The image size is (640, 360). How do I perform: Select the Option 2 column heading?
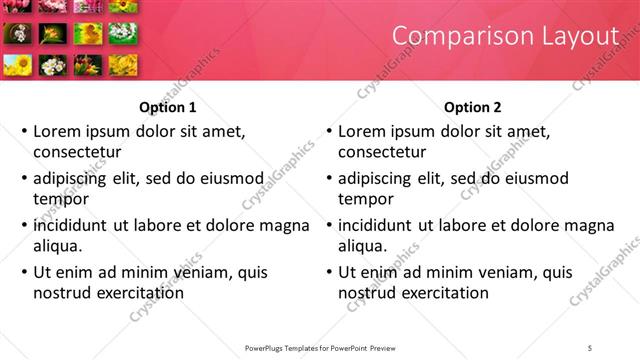point(472,107)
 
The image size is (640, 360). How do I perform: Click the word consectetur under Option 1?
point(77,152)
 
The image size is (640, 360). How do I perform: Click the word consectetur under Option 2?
point(382,152)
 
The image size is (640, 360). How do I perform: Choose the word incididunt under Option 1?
point(71,225)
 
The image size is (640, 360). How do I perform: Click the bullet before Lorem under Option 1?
point(24,131)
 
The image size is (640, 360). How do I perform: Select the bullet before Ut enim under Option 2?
point(329,272)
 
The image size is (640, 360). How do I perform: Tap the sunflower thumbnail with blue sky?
point(18,65)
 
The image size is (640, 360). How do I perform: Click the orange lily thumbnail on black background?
point(51,34)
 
